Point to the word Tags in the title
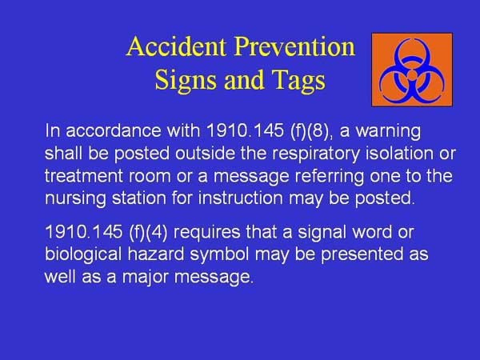click(295, 81)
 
